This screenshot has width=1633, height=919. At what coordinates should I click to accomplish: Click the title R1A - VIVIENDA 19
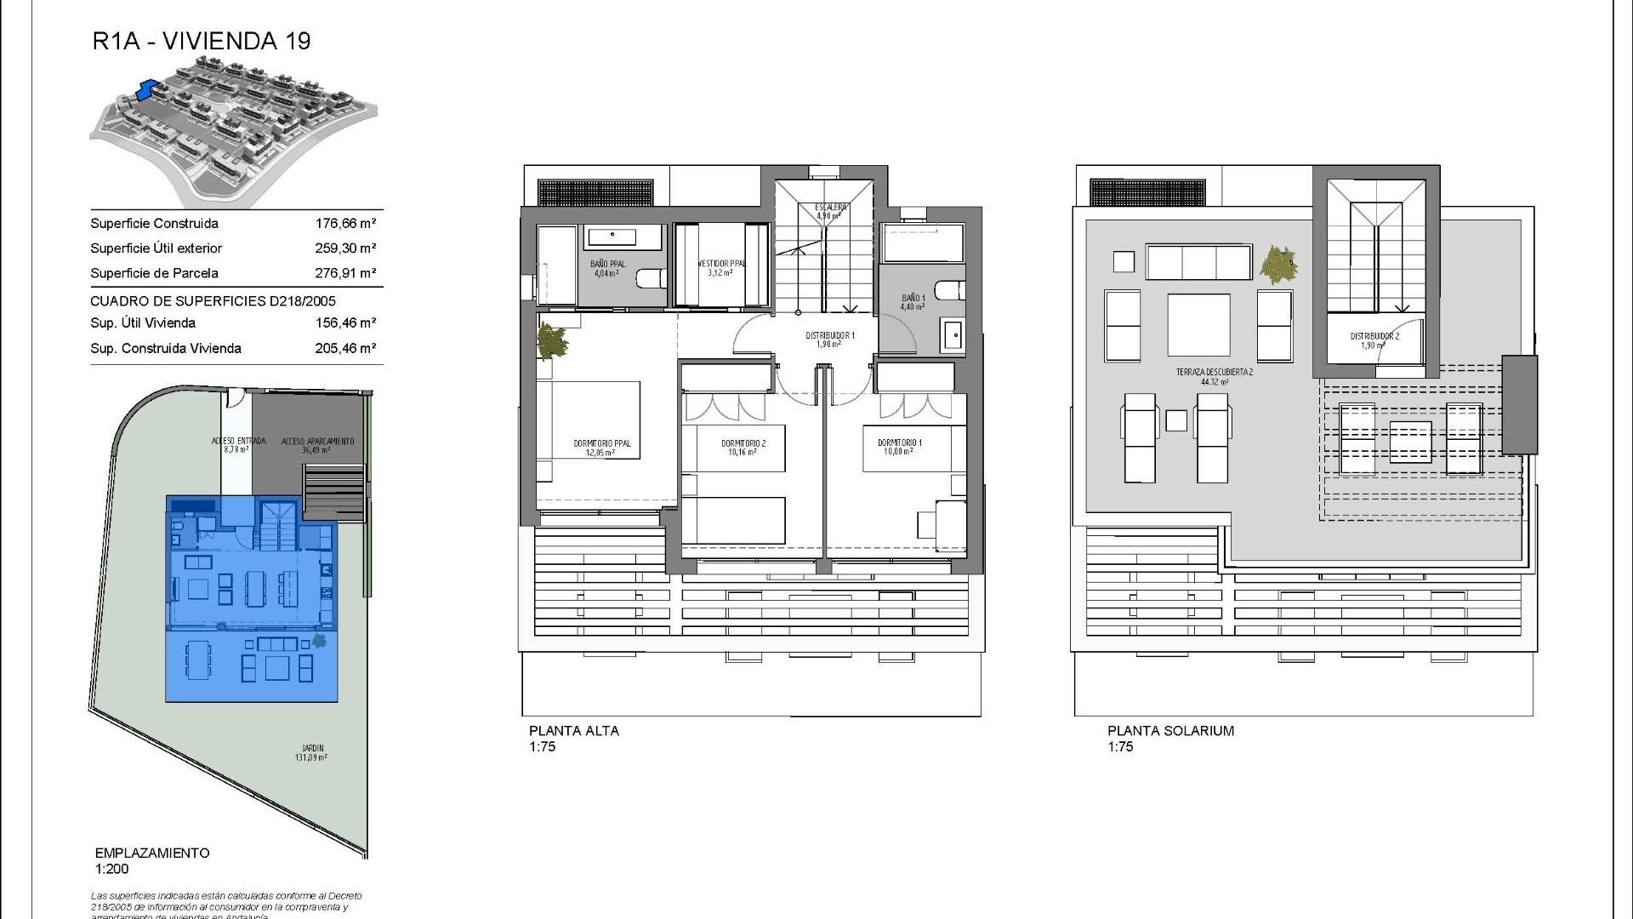[202, 42]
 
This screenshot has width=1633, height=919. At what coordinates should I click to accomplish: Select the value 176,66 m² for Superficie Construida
[345, 224]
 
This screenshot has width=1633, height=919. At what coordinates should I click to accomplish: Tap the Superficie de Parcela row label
[154, 273]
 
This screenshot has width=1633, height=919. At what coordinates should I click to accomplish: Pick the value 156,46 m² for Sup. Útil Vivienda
[345, 323]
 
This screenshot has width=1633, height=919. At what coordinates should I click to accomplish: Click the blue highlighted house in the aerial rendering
[147, 89]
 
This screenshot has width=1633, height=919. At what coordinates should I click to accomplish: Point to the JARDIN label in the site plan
[312, 749]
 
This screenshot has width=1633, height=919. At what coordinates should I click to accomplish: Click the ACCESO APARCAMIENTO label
[317, 442]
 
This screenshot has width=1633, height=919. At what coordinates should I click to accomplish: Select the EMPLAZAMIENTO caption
[152, 853]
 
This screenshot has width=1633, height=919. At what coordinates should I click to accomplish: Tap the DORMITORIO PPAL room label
[601, 443]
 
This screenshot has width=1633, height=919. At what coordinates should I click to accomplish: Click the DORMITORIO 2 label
[743, 443]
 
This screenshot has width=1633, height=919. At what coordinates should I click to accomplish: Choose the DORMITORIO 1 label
[900, 442]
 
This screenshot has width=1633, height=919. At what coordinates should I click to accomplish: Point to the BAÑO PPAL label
[607, 265]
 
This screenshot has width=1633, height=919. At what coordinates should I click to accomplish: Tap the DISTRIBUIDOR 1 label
[829, 336]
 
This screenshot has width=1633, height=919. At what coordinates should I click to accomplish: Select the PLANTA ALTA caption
[574, 730]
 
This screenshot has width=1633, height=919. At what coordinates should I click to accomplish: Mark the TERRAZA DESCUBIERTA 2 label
[1215, 372]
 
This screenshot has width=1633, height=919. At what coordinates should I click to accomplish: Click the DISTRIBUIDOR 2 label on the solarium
[1374, 336]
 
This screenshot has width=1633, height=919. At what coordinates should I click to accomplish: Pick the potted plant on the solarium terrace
[1278, 265]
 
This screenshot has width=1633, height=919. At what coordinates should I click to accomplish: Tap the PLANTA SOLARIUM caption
[1170, 730]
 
